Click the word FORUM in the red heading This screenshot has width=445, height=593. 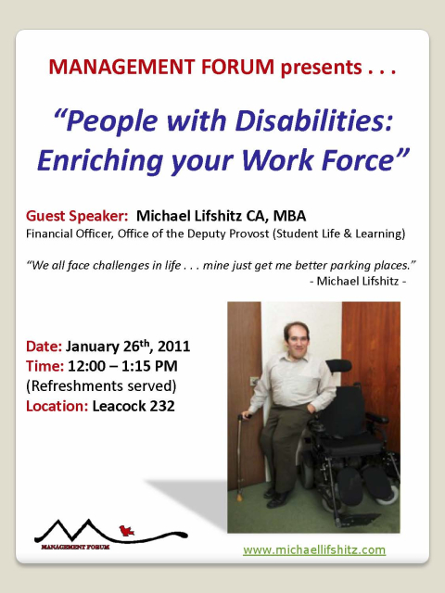coord(237,67)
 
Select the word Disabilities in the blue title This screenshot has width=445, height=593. coord(313,121)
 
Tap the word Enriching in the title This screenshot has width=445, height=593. coord(100,160)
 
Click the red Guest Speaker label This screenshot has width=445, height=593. coord(77,216)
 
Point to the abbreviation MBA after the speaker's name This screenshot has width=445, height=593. coord(289,216)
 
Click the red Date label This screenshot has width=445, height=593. coord(44,347)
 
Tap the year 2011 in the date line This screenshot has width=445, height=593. coord(173,347)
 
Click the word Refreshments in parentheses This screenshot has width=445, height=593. coord(78,386)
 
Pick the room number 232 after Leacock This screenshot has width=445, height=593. coord(162,406)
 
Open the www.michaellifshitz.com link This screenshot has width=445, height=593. coord(314,549)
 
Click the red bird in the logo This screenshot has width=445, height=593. coord(126,531)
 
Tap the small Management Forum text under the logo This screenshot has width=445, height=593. coord(75,547)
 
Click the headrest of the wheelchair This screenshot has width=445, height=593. coord(338,365)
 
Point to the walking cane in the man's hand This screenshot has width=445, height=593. coord(240,458)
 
